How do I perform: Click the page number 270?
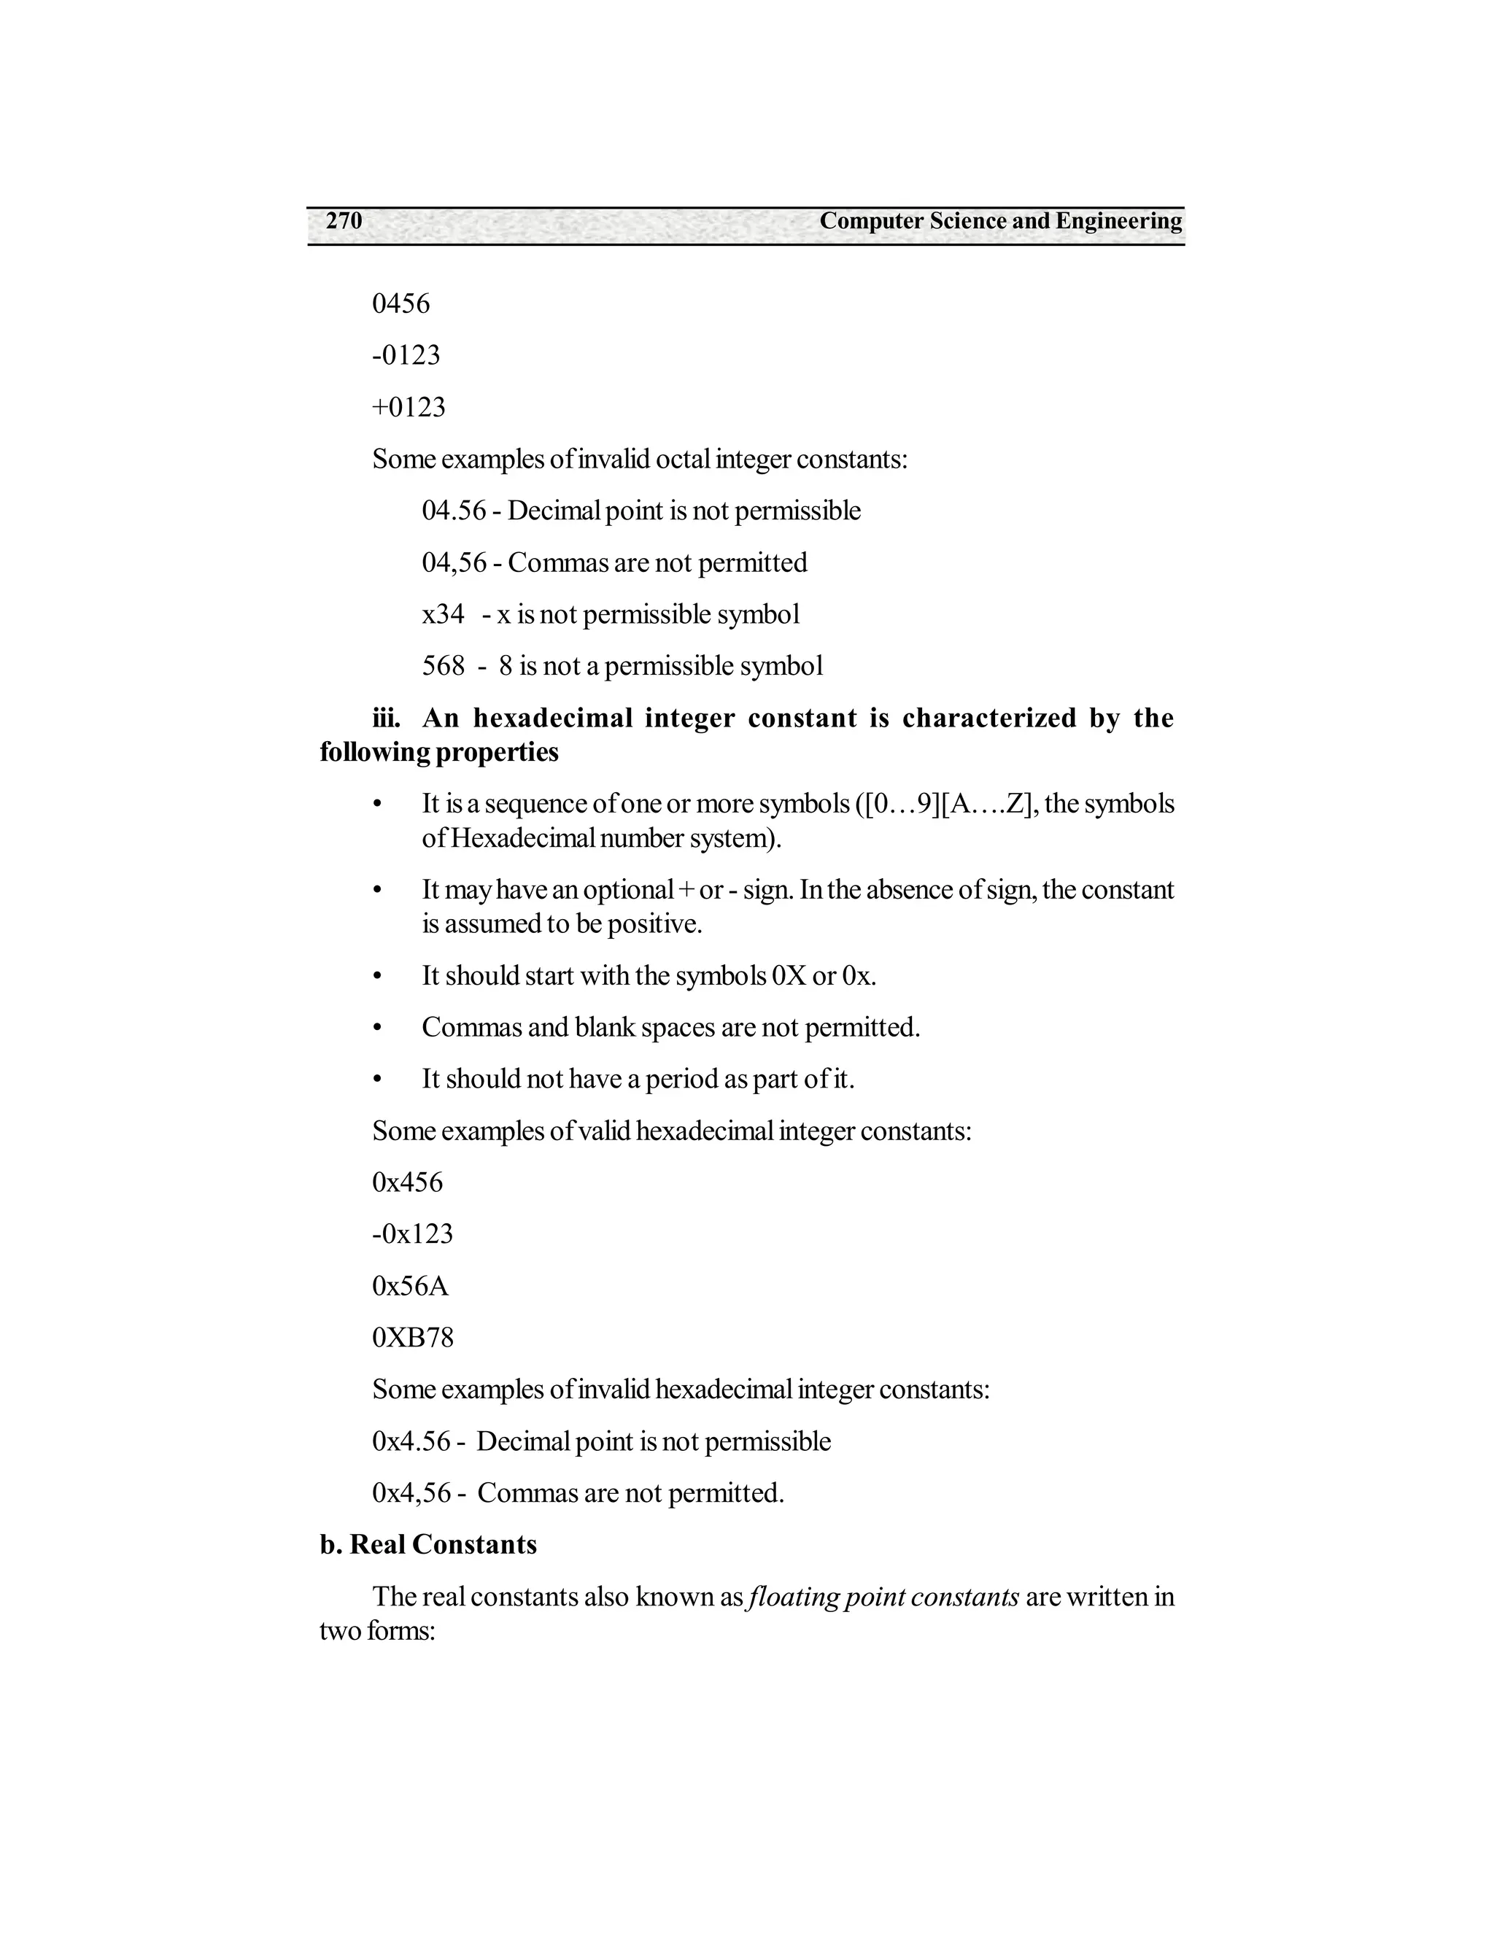(344, 221)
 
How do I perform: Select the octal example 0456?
(401, 303)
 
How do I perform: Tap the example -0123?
(406, 355)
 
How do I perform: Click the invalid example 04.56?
(453, 511)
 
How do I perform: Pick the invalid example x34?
(443, 614)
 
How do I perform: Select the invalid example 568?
(443, 665)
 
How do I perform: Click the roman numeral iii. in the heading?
(386, 718)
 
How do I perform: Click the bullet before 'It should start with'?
(377, 976)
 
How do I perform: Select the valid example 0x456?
(407, 1182)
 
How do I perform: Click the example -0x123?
(411, 1233)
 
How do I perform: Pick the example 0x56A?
(410, 1286)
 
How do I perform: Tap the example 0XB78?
(412, 1337)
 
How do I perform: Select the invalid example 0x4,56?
(411, 1493)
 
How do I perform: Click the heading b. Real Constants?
(428, 1544)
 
